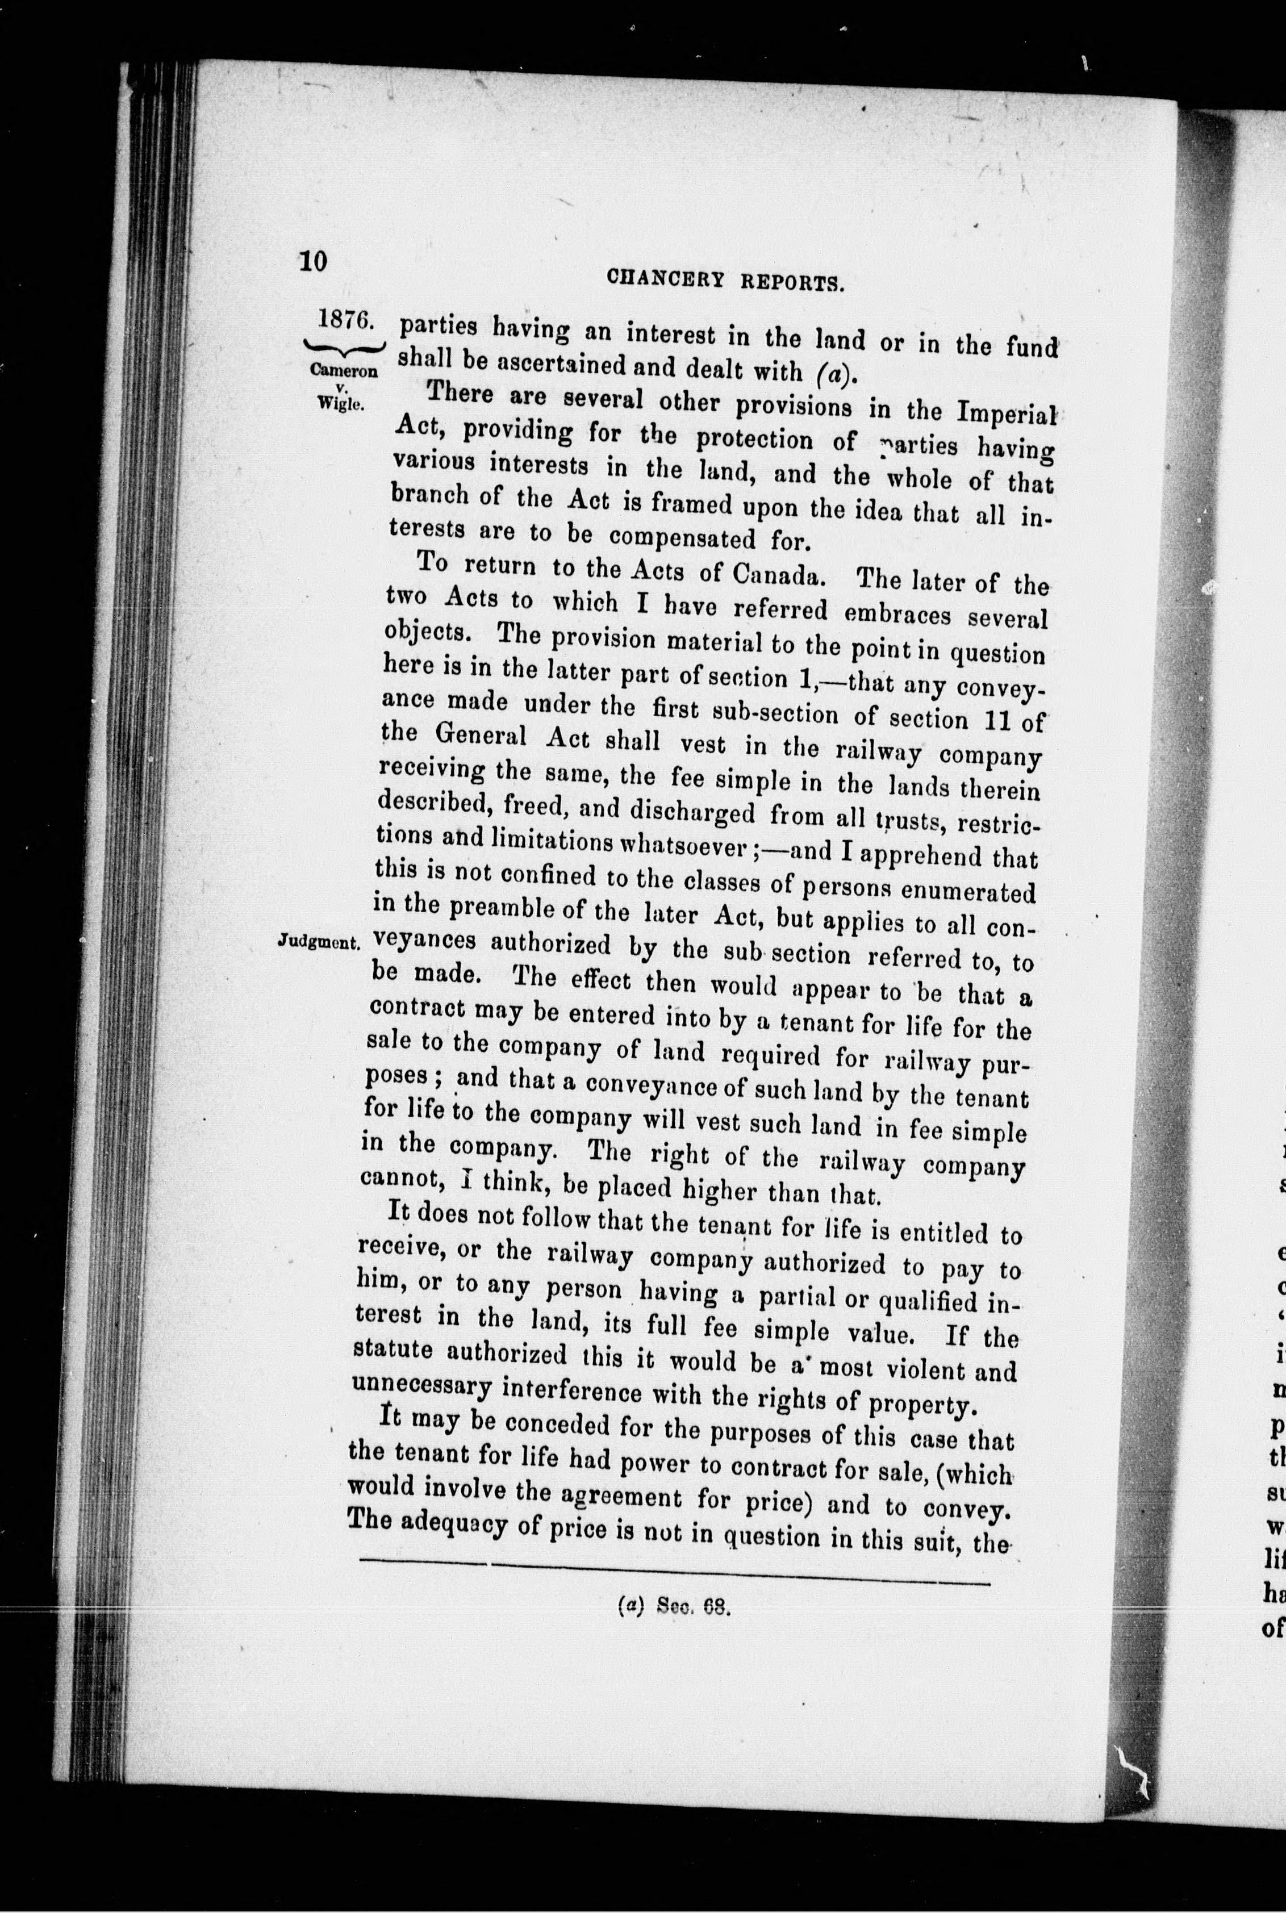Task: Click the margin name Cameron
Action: [x=344, y=369]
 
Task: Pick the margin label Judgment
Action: [x=318, y=941]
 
